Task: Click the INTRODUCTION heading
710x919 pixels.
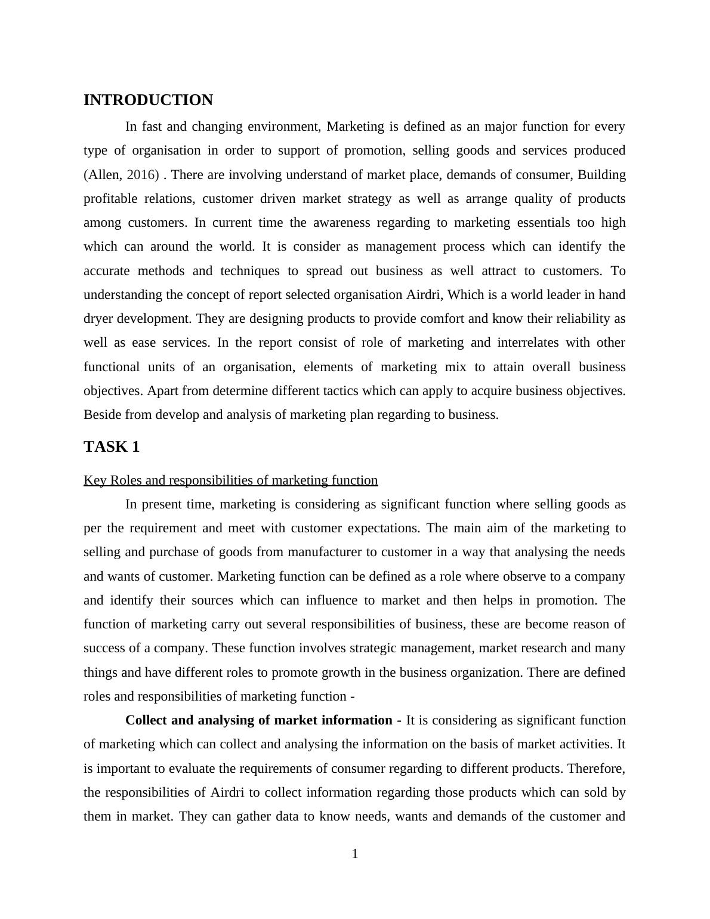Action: pyautogui.click(x=148, y=100)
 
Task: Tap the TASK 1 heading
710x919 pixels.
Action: pyautogui.click(x=112, y=447)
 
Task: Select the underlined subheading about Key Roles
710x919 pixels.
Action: pyautogui.click(x=230, y=480)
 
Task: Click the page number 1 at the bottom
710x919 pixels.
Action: pyautogui.click(x=355, y=854)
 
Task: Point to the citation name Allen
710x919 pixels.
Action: pyautogui.click(x=104, y=175)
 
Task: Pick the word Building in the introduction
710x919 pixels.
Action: pyautogui.click(x=601, y=175)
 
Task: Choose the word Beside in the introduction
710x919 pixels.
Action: pyautogui.click(x=102, y=415)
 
